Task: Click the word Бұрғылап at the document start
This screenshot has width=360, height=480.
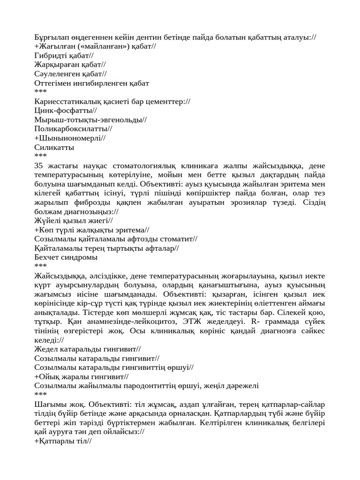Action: (53, 37)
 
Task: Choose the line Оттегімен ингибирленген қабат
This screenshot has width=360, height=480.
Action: (92, 83)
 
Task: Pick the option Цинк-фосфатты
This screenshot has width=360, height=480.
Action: (66, 111)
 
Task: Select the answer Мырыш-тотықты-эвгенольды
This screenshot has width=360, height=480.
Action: (90, 120)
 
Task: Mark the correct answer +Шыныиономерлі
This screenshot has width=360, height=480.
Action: (70, 138)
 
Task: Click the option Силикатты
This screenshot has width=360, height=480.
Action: (54, 147)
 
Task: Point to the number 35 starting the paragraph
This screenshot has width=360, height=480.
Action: (39, 165)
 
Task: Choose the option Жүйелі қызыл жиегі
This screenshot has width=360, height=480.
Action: (74, 221)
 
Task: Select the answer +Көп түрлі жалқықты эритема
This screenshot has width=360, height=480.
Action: (92, 230)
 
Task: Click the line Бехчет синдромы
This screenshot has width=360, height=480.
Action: (66, 257)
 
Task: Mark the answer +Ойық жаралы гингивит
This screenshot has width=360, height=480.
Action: (82, 376)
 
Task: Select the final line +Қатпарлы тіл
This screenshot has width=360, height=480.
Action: (63, 441)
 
